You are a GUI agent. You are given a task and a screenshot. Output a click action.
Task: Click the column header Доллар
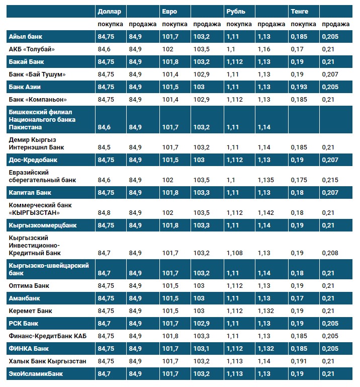tap(110, 11)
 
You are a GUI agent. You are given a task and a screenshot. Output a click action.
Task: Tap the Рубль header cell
tap(236, 11)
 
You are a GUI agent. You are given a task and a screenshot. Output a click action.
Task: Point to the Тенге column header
tap(300, 11)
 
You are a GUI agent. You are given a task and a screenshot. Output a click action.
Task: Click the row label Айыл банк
tap(26, 36)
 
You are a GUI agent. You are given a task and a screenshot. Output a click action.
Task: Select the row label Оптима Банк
tap(29, 285)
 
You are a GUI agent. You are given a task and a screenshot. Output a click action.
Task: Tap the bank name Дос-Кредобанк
tap(33, 160)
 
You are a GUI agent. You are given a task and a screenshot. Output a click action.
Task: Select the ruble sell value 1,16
tap(264, 49)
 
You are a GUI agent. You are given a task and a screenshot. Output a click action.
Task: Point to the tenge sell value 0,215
tap(330, 180)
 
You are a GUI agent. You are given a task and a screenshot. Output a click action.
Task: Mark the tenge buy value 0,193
tap(299, 87)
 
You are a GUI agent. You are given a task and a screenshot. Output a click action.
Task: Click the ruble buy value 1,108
tap(235, 253)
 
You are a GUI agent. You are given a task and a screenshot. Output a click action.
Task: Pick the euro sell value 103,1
tap(202, 348)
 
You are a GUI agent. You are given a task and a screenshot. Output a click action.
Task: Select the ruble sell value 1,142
tap(266, 212)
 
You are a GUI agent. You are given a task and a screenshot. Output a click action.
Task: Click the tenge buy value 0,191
tap(299, 361)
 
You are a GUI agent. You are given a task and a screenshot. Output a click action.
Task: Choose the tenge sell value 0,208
tap(330, 253)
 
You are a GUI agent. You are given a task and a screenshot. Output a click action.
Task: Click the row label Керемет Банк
tap(31, 311)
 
